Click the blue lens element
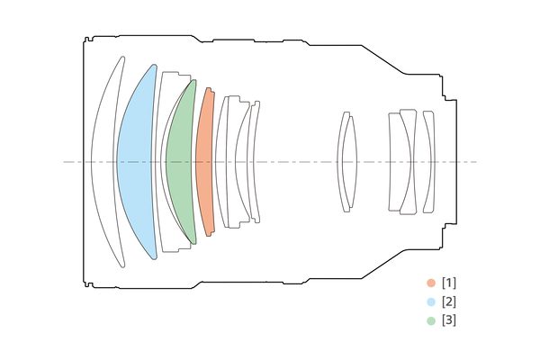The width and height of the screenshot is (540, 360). [136, 162]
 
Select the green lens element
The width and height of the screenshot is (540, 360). [180, 162]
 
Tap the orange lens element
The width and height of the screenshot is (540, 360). [205, 162]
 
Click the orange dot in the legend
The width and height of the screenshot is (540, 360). [431, 283]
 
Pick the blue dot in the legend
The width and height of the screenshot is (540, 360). [431, 302]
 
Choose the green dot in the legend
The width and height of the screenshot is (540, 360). [431, 320]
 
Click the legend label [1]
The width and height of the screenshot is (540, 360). [449, 283]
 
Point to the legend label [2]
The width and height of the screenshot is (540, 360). [449, 302]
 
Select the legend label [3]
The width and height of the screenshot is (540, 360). [449, 320]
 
